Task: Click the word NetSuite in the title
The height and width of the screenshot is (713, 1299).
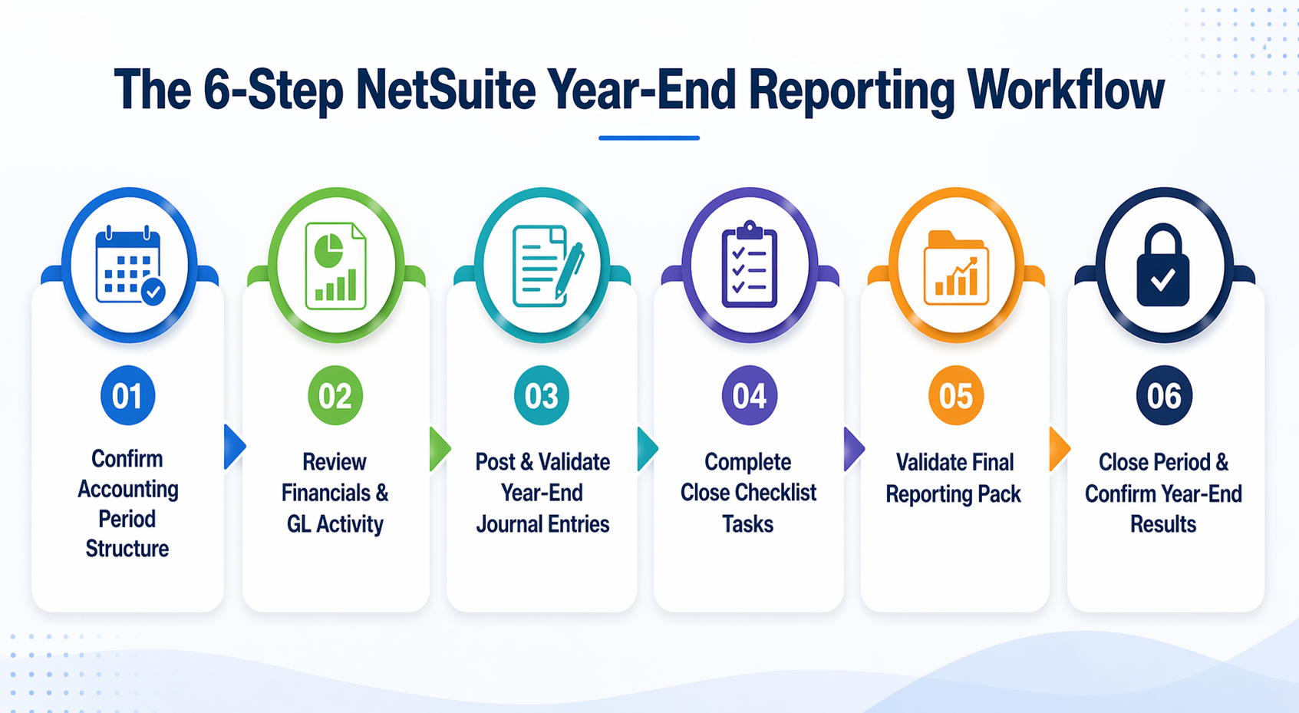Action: (445, 91)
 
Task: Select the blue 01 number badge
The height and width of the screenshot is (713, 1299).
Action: (127, 396)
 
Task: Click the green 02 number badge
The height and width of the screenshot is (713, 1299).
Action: (335, 396)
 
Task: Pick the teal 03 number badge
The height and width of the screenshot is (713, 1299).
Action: (542, 396)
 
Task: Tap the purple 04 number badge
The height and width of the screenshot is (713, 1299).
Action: (749, 396)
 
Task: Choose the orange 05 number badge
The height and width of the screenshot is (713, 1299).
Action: (956, 396)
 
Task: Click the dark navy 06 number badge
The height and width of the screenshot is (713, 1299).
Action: (1164, 396)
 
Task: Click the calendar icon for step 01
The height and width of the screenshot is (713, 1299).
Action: (129, 266)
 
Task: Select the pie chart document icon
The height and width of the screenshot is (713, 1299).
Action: (335, 266)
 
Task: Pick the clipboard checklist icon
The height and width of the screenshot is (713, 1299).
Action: (749, 265)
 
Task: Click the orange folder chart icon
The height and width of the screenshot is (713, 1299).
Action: (956, 267)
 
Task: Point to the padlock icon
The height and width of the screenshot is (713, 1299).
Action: (1163, 266)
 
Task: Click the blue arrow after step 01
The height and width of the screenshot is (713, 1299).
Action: (234, 447)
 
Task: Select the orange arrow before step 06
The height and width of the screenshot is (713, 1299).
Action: (1059, 449)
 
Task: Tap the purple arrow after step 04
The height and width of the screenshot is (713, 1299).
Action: (853, 449)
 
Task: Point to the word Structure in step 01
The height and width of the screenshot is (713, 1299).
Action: (127, 549)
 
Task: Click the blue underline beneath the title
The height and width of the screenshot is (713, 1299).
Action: (649, 138)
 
